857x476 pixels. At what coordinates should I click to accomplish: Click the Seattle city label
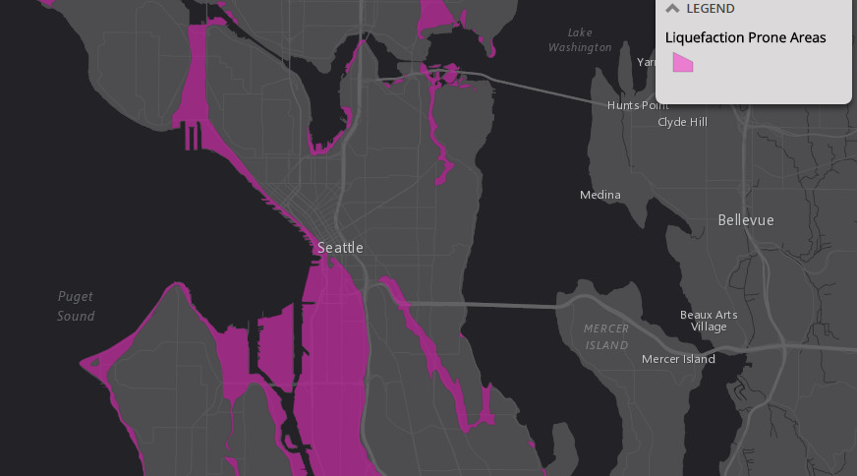coord(340,248)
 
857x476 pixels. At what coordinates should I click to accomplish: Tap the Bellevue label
coord(745,220)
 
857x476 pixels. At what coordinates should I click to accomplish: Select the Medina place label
coord(600,195)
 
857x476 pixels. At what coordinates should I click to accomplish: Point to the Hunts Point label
coord(638,105)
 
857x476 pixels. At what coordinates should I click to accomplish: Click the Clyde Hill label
coord(681,122)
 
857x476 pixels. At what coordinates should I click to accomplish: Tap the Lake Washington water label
coord(580,40)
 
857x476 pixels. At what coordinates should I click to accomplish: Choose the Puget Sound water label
coord(76,306)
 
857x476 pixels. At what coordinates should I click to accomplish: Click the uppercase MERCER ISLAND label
coord(606,336)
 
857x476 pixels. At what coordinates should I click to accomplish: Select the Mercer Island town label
coord(678,359)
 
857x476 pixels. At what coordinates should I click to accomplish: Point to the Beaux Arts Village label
coord(709,321)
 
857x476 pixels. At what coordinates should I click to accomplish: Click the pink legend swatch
coord(683,63)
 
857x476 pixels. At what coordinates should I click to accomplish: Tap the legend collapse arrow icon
coord(672,9)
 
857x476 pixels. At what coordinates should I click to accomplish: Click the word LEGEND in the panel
coord(710,9)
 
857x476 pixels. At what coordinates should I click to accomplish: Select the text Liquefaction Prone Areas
coord(745,38)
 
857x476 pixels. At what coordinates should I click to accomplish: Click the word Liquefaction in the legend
coord(704,38)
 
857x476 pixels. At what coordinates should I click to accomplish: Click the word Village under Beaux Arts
coord(709,327)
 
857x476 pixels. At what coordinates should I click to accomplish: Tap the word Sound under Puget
coord(76,316)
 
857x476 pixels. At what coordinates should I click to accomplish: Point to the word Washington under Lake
coord(580,47)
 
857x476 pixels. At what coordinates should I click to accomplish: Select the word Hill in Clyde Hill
coord(696,122)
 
